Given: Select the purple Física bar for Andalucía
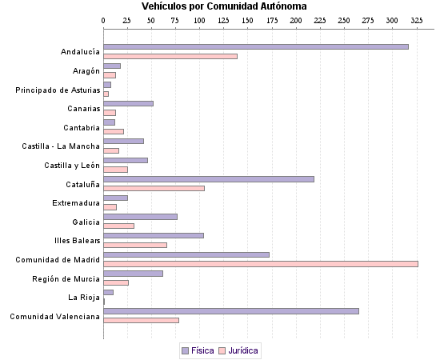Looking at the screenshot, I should (256, 47).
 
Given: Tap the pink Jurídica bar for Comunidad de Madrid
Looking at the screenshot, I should (261, 263).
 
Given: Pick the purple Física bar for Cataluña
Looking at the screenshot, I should (209, 178).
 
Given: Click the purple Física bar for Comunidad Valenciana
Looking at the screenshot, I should (231, 310).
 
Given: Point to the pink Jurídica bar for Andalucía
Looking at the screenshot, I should (170, 56).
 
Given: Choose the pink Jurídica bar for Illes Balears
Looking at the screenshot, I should (135, 245).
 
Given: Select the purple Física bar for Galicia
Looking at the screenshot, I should (140, 216).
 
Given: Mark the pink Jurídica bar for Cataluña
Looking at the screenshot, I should (154, 188).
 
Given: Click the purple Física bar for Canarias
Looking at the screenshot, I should (128, 103).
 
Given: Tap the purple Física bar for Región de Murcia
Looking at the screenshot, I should (133, 273).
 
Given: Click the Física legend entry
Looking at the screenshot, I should (198, 350).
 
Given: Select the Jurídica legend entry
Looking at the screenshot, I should (238, 350).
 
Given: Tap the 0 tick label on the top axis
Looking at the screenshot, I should (104, 20).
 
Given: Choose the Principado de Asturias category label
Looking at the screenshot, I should (58, 90).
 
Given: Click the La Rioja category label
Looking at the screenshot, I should (83, 297).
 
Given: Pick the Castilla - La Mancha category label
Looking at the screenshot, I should (61, 146).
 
